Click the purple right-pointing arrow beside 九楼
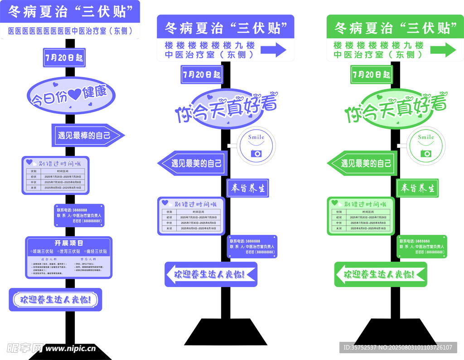273,49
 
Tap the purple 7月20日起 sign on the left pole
64,58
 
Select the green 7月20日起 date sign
371,74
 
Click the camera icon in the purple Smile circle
256,153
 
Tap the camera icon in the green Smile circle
425,153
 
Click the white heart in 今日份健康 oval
74,94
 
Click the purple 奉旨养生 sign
247,188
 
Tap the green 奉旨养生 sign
418,188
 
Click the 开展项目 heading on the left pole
69,243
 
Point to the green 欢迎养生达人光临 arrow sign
381,274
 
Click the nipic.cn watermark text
71,349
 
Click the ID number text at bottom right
397,348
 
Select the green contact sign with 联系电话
422,247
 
